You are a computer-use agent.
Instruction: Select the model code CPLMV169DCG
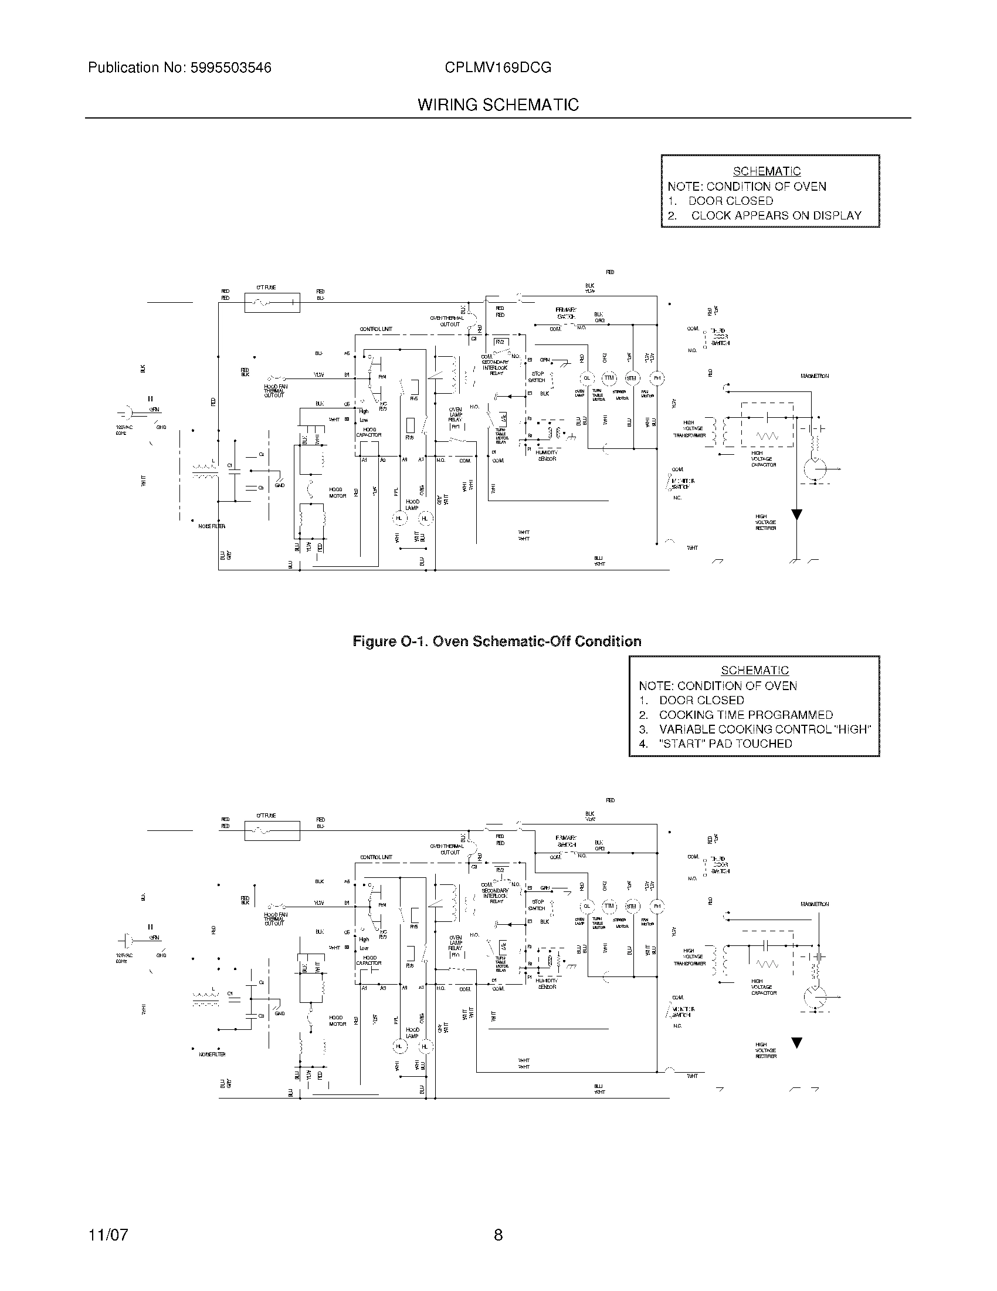(x=498, y=68)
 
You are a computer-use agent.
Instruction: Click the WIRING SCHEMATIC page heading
(x=498, y=105)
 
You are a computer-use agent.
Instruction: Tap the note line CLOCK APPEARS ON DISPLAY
(x=775, y=216)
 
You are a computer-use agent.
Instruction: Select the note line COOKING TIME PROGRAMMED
(x=745, y=715)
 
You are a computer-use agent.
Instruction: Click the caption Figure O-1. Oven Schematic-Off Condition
(x=497, y=641)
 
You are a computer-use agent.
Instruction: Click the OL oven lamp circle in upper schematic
(x=586, y=378)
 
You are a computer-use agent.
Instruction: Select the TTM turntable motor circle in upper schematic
(x=609, y=378)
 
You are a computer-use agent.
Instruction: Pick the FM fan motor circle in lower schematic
(x=657, y=906)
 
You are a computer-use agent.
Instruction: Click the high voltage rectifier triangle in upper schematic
(x=796, y=515)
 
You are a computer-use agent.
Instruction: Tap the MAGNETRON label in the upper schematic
(x=815, y=376)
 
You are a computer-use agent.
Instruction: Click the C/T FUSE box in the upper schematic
(x=272, y=303)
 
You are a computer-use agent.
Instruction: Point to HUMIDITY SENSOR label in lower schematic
(x=547, y=984)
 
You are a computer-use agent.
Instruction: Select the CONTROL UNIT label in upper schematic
(x=376, y=329)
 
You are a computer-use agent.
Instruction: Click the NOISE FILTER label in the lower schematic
(x=212, y=1054)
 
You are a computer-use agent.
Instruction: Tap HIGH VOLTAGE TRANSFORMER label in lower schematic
(x=690, y=957)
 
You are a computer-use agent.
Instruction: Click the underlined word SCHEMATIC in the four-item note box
(x=754, y=670)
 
